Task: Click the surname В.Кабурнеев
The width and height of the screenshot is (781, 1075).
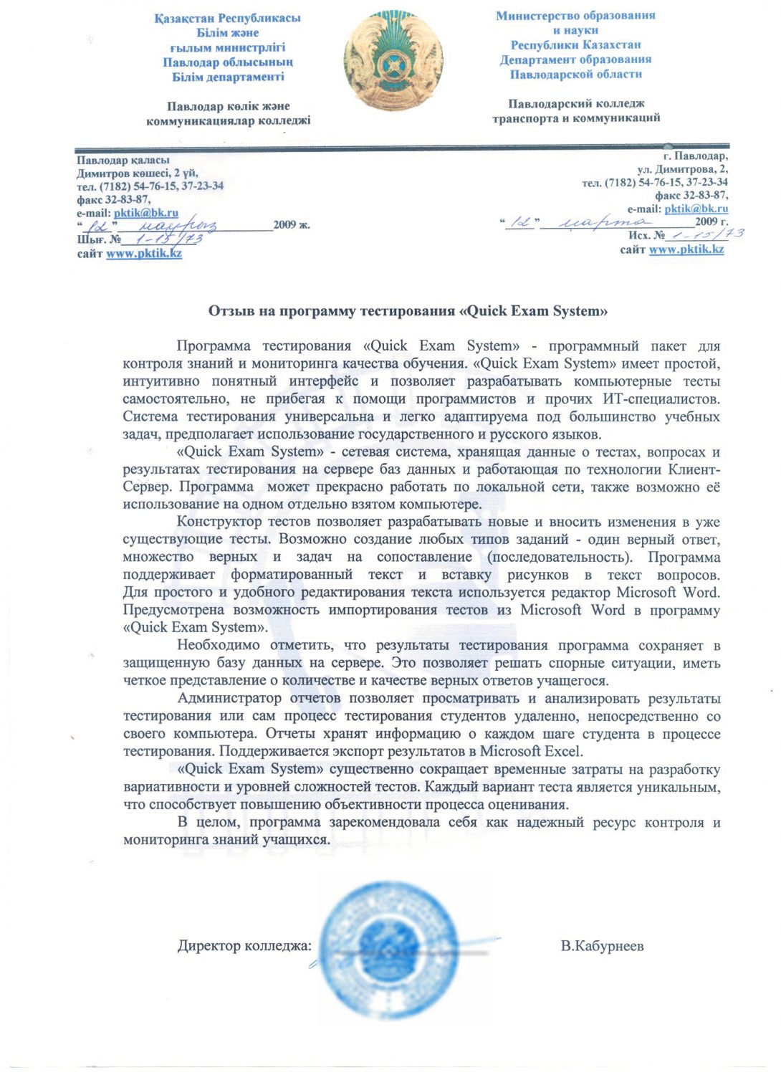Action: click(x=602, y=946)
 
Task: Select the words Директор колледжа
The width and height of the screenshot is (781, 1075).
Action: click(x=244, y=946)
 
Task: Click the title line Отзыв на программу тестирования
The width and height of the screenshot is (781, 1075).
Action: click(x=408, y=311)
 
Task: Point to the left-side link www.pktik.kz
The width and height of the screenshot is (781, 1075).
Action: click(x=144, y=254)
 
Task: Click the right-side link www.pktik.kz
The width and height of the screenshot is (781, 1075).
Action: click(x=686, y=249)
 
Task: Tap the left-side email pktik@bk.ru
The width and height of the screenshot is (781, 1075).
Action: click(x=146, y=213)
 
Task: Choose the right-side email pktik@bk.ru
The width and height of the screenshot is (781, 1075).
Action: click(x=696, y=209)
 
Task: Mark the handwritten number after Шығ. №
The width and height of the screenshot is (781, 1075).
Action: click(x=168, y=239)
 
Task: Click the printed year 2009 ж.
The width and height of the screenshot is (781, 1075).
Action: click(x=292, y=225)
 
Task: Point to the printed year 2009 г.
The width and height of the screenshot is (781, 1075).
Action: click(x=711, y=221)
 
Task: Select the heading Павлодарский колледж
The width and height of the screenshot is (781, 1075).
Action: click(x=576, y=104)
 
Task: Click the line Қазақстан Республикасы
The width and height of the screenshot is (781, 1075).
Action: click(x=227, y=18)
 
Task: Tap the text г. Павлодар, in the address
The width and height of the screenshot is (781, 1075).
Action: click(x=695, y=156)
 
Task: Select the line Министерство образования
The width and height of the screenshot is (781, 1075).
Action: click(x=575, y=15)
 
